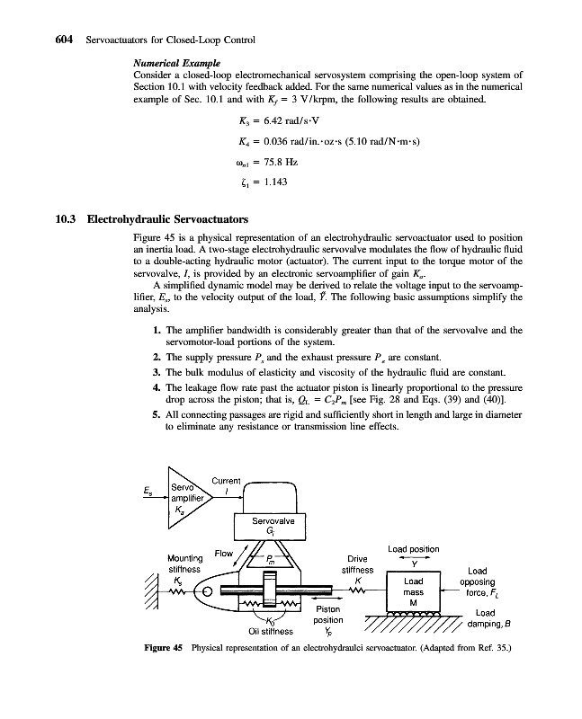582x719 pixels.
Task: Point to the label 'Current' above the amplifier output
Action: tap(229, 483)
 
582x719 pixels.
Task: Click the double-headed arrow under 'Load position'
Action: tap(413, 557)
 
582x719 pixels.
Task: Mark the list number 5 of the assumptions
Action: tap(157, 417)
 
